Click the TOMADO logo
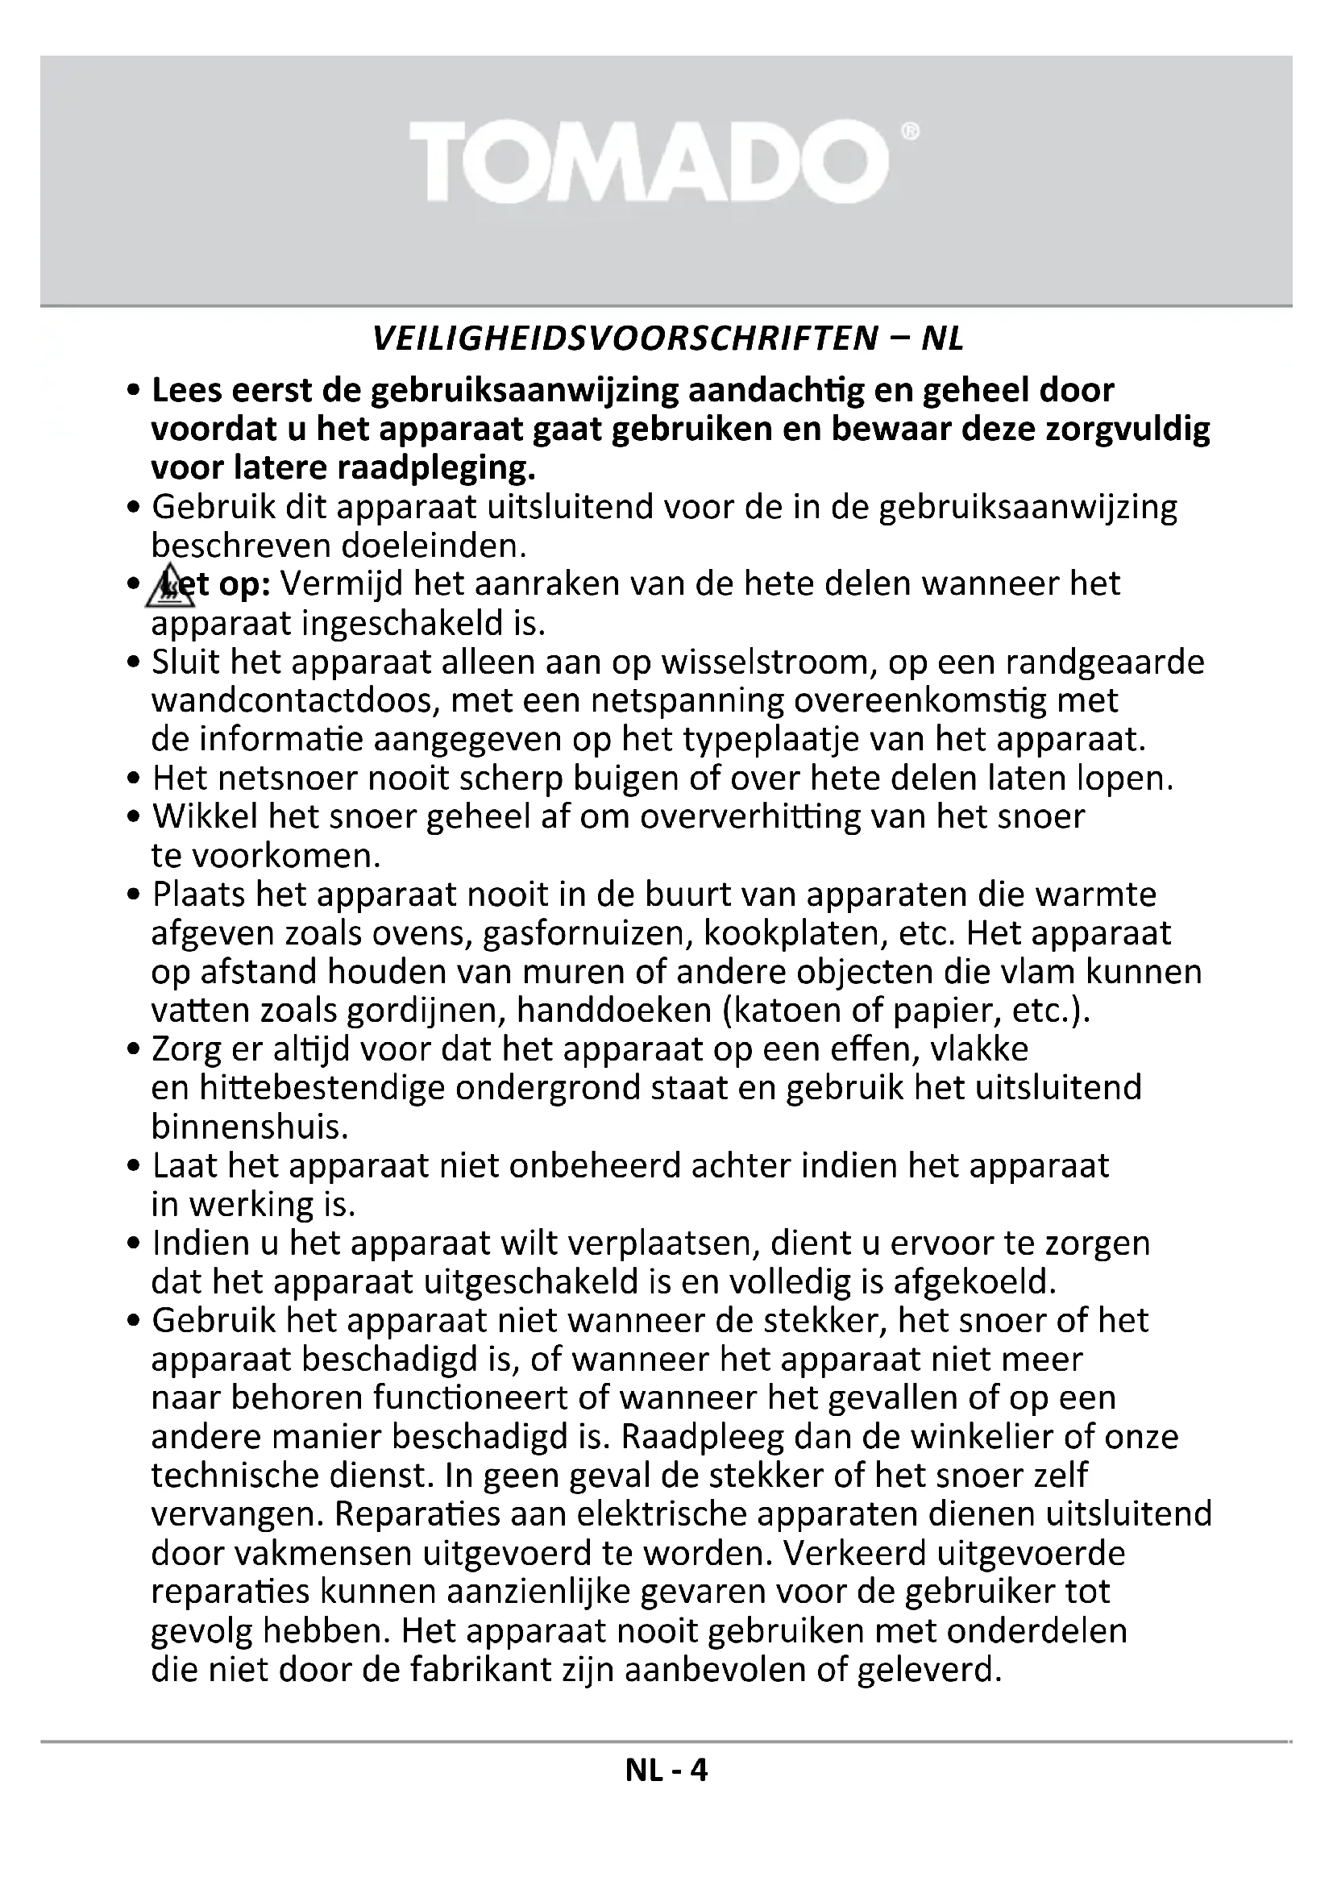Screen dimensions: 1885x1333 (649, 162)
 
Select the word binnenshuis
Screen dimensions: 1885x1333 (250, 1128)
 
